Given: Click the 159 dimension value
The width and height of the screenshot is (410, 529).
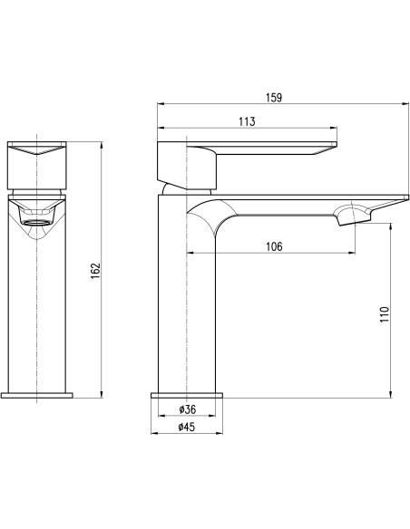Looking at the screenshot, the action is [274, 98].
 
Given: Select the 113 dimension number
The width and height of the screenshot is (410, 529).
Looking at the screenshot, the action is [247, 121].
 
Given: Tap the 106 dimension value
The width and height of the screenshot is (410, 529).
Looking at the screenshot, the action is [274, 246].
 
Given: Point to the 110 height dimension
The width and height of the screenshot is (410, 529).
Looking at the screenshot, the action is [385, 314].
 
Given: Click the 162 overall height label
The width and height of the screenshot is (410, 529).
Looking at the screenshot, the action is [95, 271].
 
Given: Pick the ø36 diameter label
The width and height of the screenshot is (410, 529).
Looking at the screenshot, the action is [188, 409].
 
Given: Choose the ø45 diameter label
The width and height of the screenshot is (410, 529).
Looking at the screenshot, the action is [187, 427].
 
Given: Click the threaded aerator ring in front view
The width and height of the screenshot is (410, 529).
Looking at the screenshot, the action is [36, 222].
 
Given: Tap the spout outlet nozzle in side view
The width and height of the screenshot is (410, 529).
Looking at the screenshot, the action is [351, 216].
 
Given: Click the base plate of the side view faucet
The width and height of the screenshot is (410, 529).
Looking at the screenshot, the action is [187, 396].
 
